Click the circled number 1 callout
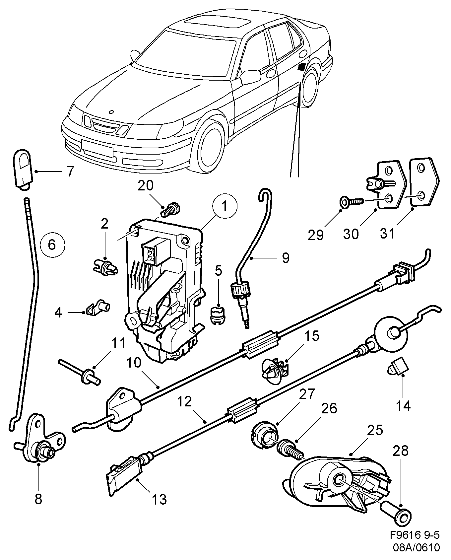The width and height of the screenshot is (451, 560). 225,206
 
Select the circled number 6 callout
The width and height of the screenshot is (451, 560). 52,245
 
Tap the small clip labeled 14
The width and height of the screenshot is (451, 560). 397,366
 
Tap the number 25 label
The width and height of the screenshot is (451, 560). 375,430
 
